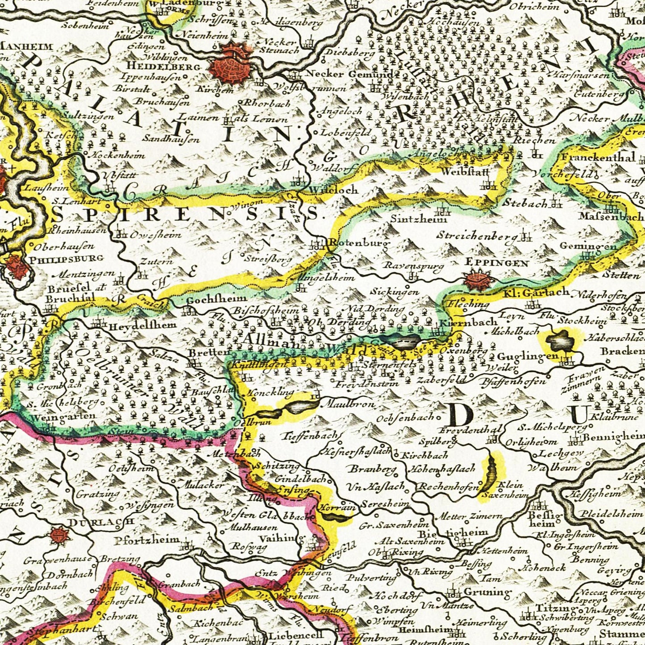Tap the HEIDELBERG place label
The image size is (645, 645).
point(156,66)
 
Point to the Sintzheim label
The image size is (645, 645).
point(419,219)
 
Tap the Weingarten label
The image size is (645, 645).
point(65,416)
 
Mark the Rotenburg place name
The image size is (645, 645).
point(358,243)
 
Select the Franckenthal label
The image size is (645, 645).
point(598,157)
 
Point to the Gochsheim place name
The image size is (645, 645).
point(216,299)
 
